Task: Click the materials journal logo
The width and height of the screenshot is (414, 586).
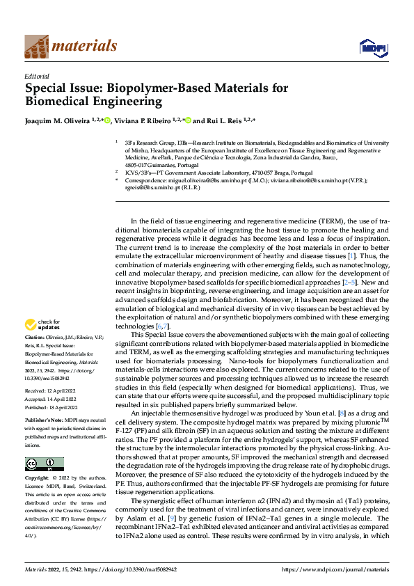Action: click(71, 46)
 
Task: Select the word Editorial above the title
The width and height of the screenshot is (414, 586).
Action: click(36, 76)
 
